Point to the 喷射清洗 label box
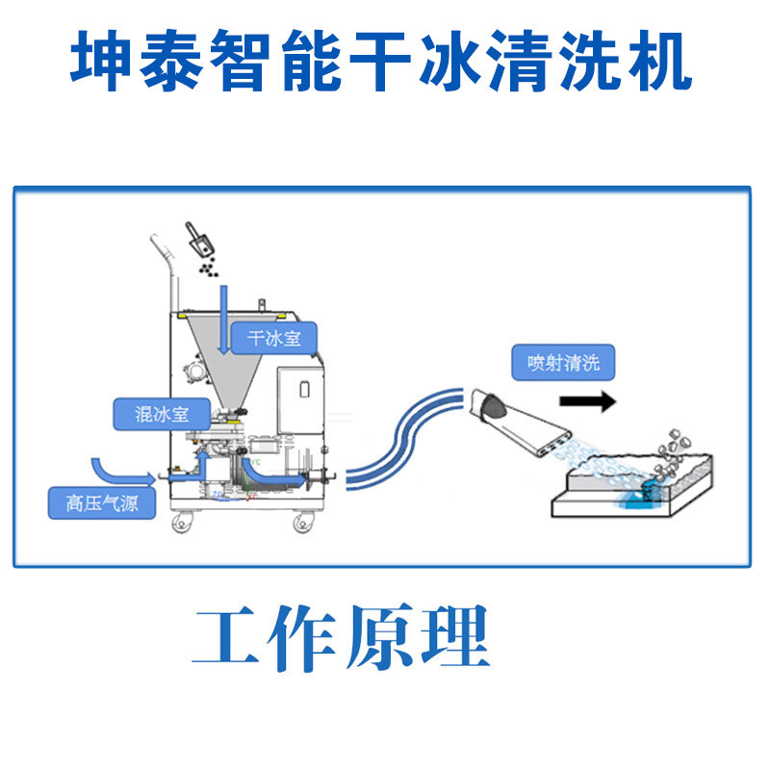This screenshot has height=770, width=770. [563, 363]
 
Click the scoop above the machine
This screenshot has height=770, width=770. [199, 240]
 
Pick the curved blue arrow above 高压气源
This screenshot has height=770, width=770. [115, 469]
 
